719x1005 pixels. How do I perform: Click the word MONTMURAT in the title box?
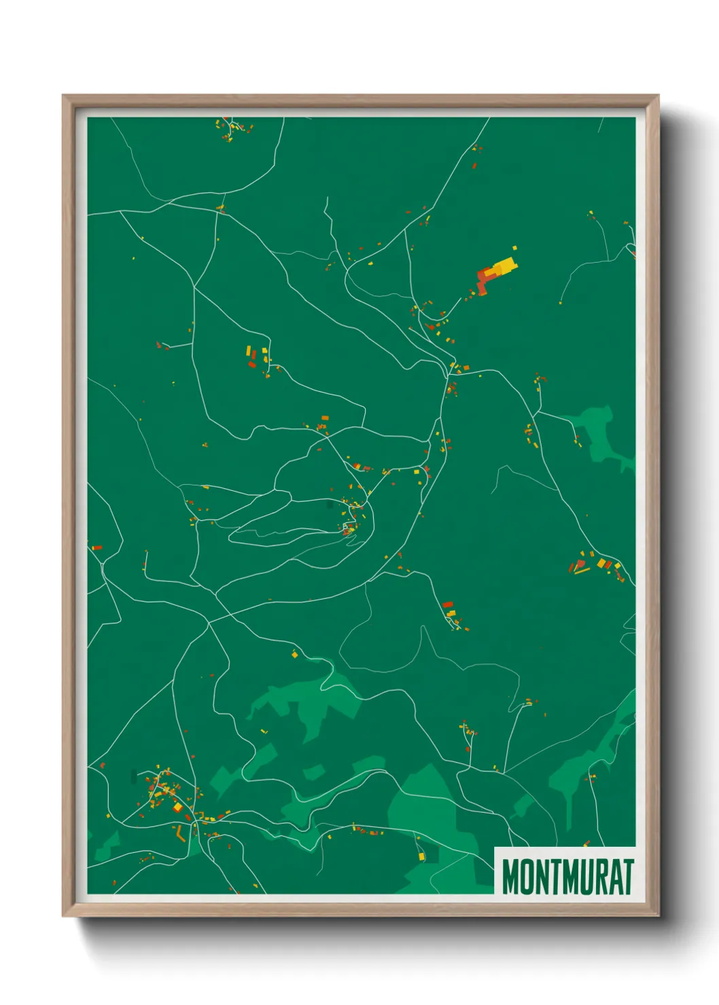(x=567, y=877)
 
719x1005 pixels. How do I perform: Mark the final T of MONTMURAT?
(x=629, y=877)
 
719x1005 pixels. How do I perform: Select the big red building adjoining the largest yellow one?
(x=484, y=279)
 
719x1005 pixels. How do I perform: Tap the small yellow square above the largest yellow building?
(x=514, y=249)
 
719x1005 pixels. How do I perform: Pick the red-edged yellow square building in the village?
(x=178, y=807)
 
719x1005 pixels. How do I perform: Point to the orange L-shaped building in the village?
(x=181, y=834)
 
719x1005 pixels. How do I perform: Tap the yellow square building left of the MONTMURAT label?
(x=421, y=857)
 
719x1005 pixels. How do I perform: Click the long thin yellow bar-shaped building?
(x=582, y=570)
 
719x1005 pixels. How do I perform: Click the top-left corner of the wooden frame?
(x=63, y=96)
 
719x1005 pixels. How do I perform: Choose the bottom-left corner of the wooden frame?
(x=63, y=916)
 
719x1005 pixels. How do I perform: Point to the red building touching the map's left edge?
(x=96, y=547)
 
